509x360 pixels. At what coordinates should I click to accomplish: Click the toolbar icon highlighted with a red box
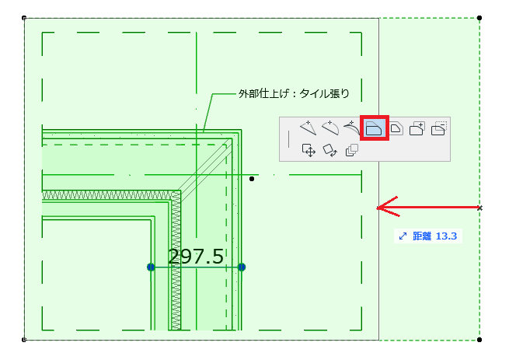375,128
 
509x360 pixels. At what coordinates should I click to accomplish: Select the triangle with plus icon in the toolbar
308,128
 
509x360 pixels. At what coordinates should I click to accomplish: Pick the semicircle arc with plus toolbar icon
330,128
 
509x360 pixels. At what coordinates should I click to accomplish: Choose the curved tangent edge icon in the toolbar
351,128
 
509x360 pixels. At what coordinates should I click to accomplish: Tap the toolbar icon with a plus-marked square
417,128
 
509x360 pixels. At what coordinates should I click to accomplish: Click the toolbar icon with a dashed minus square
439,128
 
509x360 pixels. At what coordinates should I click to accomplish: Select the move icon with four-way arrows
309,150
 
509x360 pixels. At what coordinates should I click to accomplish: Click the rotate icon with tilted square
330,150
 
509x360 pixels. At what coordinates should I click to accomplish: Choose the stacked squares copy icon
352,150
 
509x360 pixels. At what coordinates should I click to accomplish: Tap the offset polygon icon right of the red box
396,128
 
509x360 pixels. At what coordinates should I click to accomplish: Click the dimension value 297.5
196,257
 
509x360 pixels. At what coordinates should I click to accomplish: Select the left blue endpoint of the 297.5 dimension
151,267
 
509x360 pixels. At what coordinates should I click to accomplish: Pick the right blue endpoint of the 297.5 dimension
242,267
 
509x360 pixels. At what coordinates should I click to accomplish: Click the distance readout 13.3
446,236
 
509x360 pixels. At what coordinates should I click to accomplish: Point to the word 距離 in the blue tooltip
422,236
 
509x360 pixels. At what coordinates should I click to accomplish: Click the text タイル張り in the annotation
324,93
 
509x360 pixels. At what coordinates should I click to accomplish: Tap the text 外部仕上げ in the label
263,93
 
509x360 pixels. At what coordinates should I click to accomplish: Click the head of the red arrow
378,208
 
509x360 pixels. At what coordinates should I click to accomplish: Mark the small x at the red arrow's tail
479,208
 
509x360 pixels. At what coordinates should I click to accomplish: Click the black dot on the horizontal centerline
252,179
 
